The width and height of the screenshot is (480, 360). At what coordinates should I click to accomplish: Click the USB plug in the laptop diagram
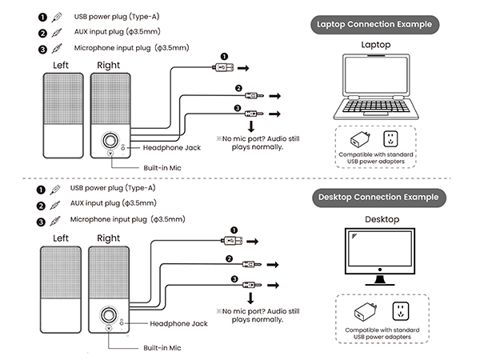223,69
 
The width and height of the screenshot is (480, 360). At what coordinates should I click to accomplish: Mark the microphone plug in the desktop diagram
250,283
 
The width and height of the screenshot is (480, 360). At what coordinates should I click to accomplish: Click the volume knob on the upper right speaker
109,141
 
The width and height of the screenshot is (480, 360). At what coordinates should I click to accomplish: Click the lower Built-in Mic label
162,348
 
